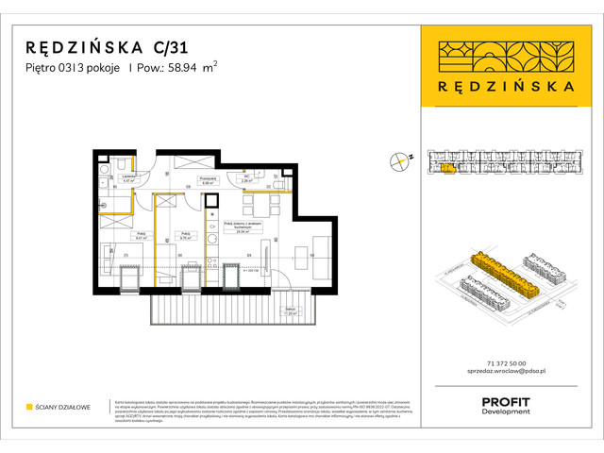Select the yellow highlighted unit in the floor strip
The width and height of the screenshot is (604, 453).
coord(446,169)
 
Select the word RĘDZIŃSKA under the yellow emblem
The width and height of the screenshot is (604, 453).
coord(497,85)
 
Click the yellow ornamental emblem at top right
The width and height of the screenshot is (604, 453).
coord(497,55)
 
